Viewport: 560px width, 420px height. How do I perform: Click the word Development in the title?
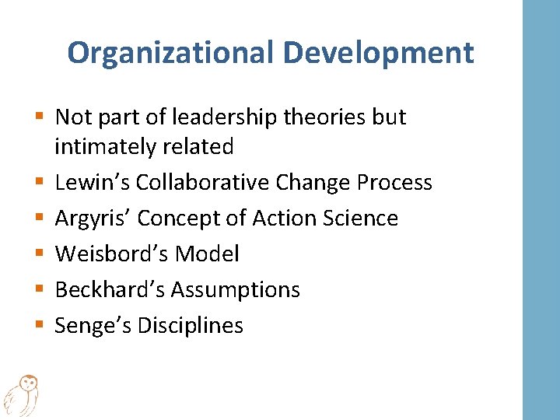pos(379,53)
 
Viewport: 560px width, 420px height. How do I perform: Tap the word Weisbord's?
pos(112,254)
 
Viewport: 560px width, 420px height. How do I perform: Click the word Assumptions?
pos(236,290)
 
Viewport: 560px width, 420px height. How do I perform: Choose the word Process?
pos(394,182)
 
